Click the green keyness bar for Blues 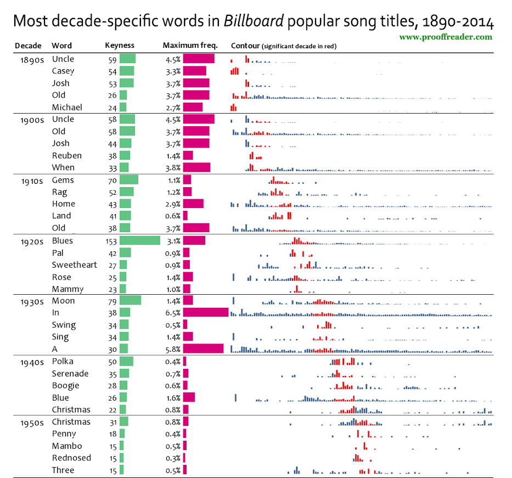tap(139, 240)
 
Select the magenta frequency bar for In tap(205, 312)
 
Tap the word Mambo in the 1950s tap(67, 446)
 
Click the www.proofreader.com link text tap(445, 37)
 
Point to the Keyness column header tap(119, 46)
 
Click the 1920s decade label tap(29, 240)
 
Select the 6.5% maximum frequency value tap(173, 313)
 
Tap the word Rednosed tap(71, 458)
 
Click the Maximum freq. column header tap(190, 46)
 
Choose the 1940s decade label tap(29, 361)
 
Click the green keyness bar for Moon tap(130, 301)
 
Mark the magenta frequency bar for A tap(203, 348)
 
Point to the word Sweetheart tap(74, 265)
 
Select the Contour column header tap(245, 46)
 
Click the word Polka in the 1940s tap(63, 361)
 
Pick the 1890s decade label tap(29, 59)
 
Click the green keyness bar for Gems tap(129, 180)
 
